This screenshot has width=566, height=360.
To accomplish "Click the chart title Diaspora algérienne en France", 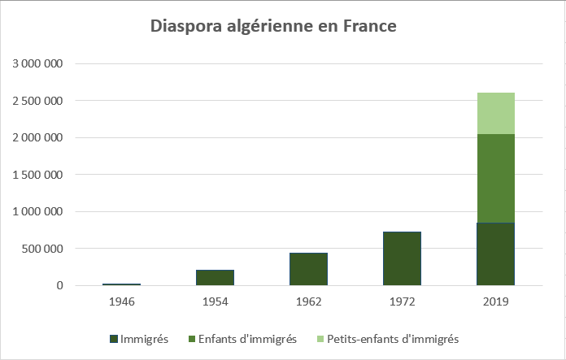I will tap(273, 27).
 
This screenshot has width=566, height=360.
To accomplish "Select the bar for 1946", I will tap(122, 284).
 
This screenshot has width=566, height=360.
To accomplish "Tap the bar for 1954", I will tap(215, 277).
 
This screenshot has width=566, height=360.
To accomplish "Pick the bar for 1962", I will tap(309, 269).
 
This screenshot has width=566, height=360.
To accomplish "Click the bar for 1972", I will tap(402, 258).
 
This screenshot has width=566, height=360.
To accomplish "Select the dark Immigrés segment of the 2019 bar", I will tap(495, 254).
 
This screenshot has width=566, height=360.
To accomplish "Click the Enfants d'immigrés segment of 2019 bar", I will tap(495, 178).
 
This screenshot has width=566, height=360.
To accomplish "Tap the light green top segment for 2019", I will tap(495, 113).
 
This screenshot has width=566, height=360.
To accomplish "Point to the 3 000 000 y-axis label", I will tap(37, 63).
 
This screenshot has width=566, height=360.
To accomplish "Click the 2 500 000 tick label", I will tap(37, 101).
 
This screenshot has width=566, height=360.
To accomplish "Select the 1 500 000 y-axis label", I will tap(37, 175).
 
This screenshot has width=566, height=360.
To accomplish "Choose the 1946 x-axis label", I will tap(122, 301).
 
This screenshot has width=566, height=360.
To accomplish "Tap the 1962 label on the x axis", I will tap(309, 301).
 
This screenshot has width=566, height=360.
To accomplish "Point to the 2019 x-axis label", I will tap(495, 301).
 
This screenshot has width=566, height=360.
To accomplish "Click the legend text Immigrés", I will tap(144, 338).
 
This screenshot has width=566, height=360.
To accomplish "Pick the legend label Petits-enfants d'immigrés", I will tap(393, 338).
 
